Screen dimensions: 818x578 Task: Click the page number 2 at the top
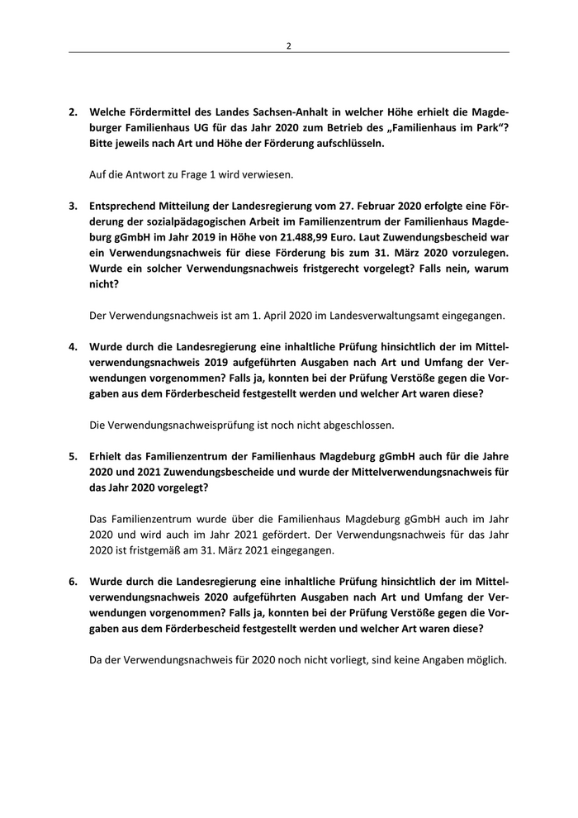288,45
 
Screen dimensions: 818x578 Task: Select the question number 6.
73,581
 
